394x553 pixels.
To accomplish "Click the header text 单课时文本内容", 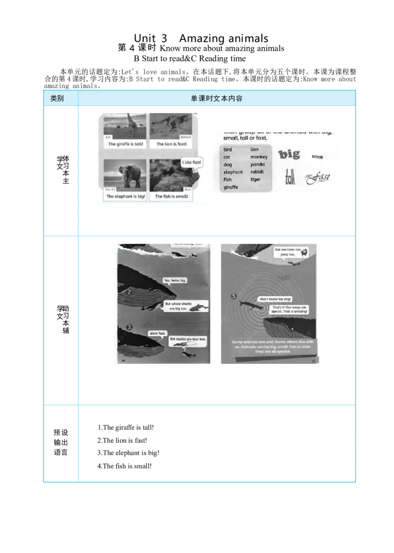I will [217, 98].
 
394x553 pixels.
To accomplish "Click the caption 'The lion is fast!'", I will [171, 144].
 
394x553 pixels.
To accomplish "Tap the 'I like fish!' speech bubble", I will [192, 163].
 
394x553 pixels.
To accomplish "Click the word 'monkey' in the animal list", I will [259, 157].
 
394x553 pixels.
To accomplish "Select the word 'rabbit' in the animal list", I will [257, 172].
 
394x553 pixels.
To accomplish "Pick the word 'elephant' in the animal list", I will [233, 172].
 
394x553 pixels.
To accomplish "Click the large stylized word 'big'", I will [289, 155].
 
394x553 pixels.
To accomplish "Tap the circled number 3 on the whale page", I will [129, 326].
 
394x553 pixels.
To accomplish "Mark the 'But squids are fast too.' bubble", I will [188, 339].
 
